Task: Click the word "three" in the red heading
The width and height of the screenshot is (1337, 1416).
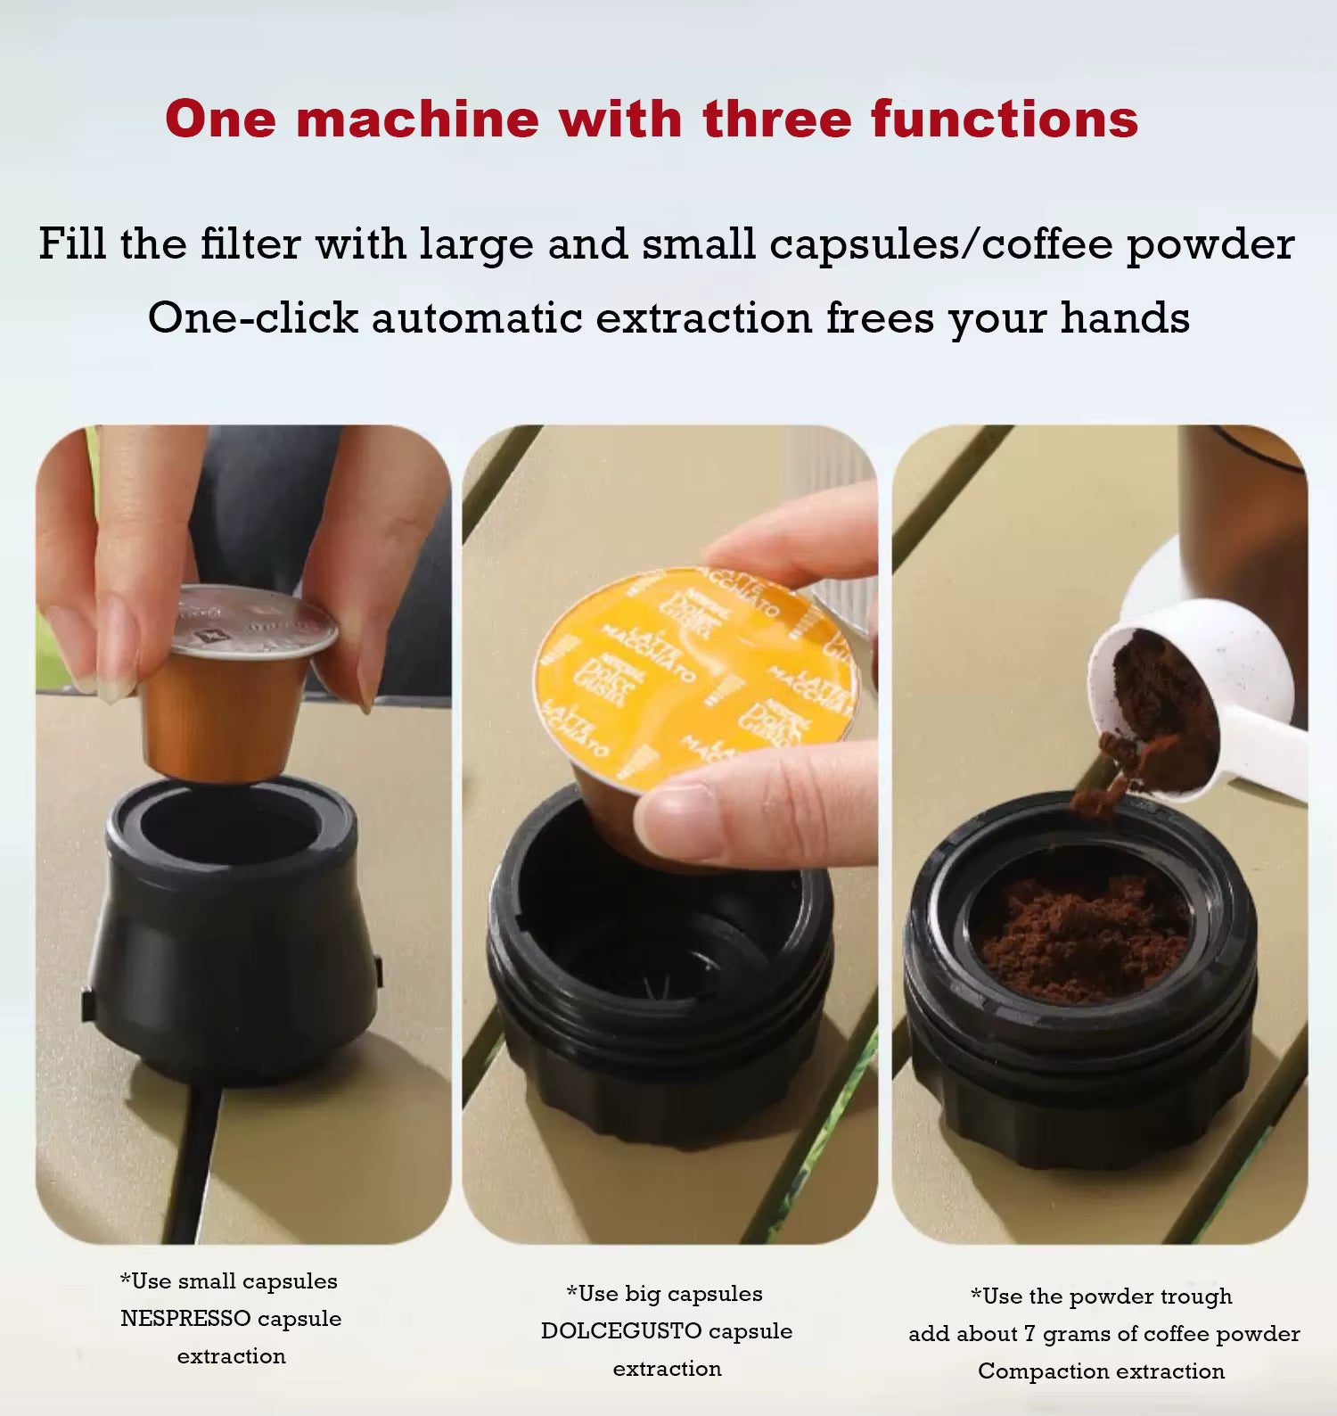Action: pyautogui.click(x=778, y=119)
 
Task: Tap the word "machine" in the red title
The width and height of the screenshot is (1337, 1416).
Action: pyautogui.click(x=417, y=119)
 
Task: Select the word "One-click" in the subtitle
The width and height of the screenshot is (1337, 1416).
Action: pyautogui.click(x=253, y=317)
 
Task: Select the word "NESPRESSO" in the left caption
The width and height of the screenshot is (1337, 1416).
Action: pyautogui.click(x=185, y=1319)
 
